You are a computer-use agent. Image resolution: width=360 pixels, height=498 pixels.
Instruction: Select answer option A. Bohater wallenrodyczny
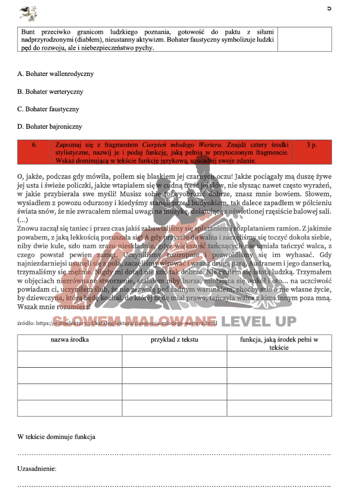(55, 74)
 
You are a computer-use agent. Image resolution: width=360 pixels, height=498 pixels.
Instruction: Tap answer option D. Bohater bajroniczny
(50, 127)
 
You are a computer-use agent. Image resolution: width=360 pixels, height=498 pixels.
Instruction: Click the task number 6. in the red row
(35, 144)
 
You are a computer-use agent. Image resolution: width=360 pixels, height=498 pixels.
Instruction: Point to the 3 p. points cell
(311, 144)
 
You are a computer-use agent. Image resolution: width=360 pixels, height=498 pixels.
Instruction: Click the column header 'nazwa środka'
(70, 340)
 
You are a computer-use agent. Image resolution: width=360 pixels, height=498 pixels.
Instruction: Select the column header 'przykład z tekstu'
(174, 340)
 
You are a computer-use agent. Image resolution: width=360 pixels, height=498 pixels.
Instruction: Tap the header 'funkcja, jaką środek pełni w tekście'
(279, 343)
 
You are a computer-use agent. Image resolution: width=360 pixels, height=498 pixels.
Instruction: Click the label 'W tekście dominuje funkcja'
(56, 437)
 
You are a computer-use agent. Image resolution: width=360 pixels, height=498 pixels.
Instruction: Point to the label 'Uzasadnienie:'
(37, 468)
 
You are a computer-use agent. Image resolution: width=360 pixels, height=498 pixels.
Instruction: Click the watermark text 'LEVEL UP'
(258, 321)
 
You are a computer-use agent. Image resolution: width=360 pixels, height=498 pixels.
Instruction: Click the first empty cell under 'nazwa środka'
(70, 359)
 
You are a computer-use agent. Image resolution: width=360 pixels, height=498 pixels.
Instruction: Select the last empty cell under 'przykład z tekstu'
(174, 408)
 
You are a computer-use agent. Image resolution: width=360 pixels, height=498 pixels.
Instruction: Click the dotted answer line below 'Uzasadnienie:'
(174, 486)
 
